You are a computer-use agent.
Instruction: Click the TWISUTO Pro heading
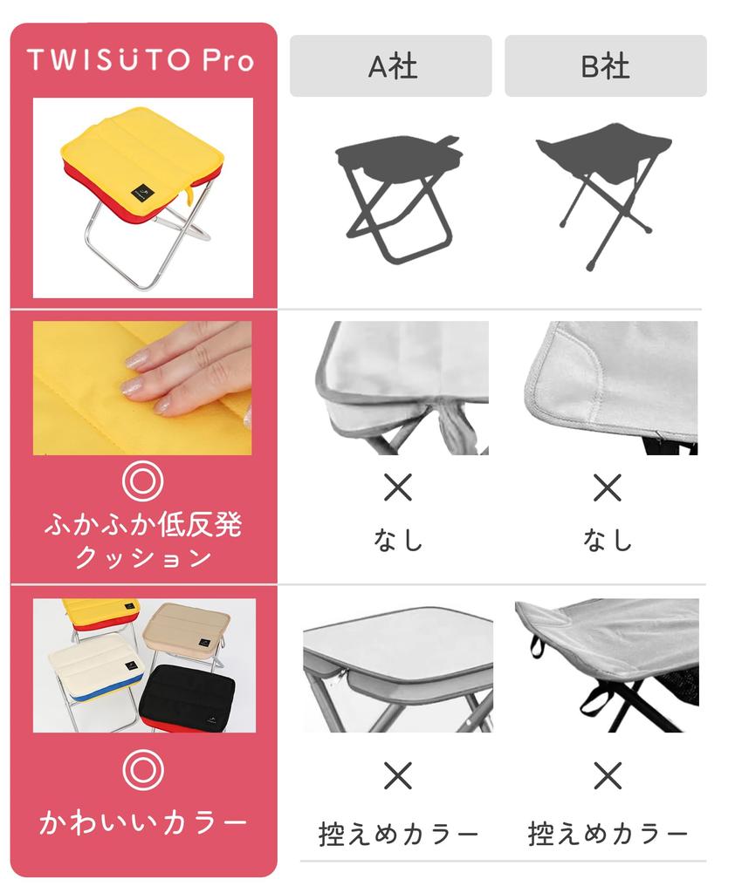point(141,60)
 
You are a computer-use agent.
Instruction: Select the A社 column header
point(390,66)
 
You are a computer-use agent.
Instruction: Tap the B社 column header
point(605,66)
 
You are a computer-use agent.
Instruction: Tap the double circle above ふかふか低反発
point(142,481)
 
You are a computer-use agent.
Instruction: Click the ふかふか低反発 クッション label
point(142,541)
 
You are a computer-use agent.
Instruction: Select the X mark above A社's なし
point(397,487)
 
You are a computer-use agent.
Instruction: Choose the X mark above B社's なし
point(607,487)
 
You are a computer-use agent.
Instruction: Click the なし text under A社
point(397,540)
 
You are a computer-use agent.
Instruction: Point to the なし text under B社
point(607,540)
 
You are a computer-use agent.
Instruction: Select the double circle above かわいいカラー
point(142,768)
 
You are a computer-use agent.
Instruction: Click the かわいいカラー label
point(142,822)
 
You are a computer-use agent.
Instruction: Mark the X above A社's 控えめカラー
point(397,775)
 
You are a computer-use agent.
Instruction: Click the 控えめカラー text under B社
point(608,835)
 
